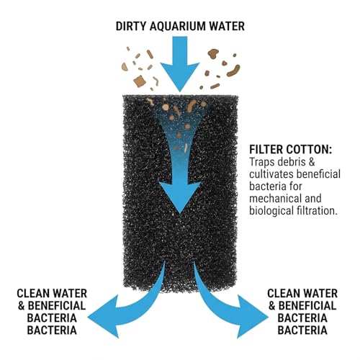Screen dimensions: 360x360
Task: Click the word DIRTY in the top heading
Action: (x=131, y=26)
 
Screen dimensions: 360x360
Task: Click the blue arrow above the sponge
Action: (x=180, y=63)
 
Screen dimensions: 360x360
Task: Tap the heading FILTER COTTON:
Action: (x=291, y=150)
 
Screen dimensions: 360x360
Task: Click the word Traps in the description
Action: (x=262, y=162)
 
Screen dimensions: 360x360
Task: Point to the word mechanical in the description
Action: (x=273, y=199)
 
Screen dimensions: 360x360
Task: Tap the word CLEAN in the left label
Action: (x=33, y=293)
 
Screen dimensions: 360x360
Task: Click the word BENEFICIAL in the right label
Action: (x=307, y=306)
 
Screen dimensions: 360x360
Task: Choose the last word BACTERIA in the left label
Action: (x=52, y=330)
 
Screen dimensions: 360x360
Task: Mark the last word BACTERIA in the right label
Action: (x=302, y=330)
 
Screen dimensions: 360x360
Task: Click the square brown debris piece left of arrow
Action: (x=140, y=81)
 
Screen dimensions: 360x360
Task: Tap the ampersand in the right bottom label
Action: (x=271, y=306)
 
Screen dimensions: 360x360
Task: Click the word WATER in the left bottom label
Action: (x=70, y=293)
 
